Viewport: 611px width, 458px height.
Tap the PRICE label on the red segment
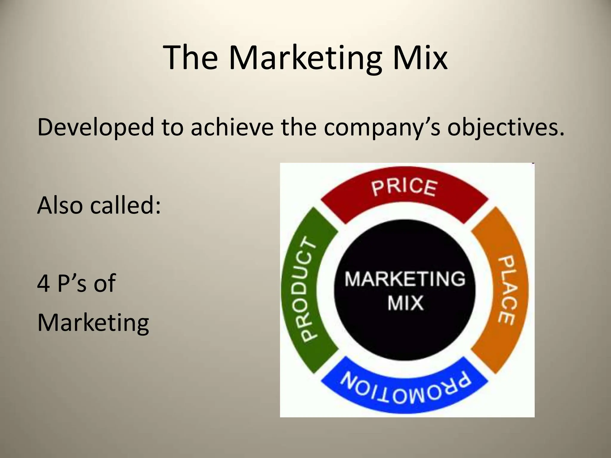click(404, 187)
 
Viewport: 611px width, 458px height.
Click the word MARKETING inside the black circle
click(405, 279)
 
